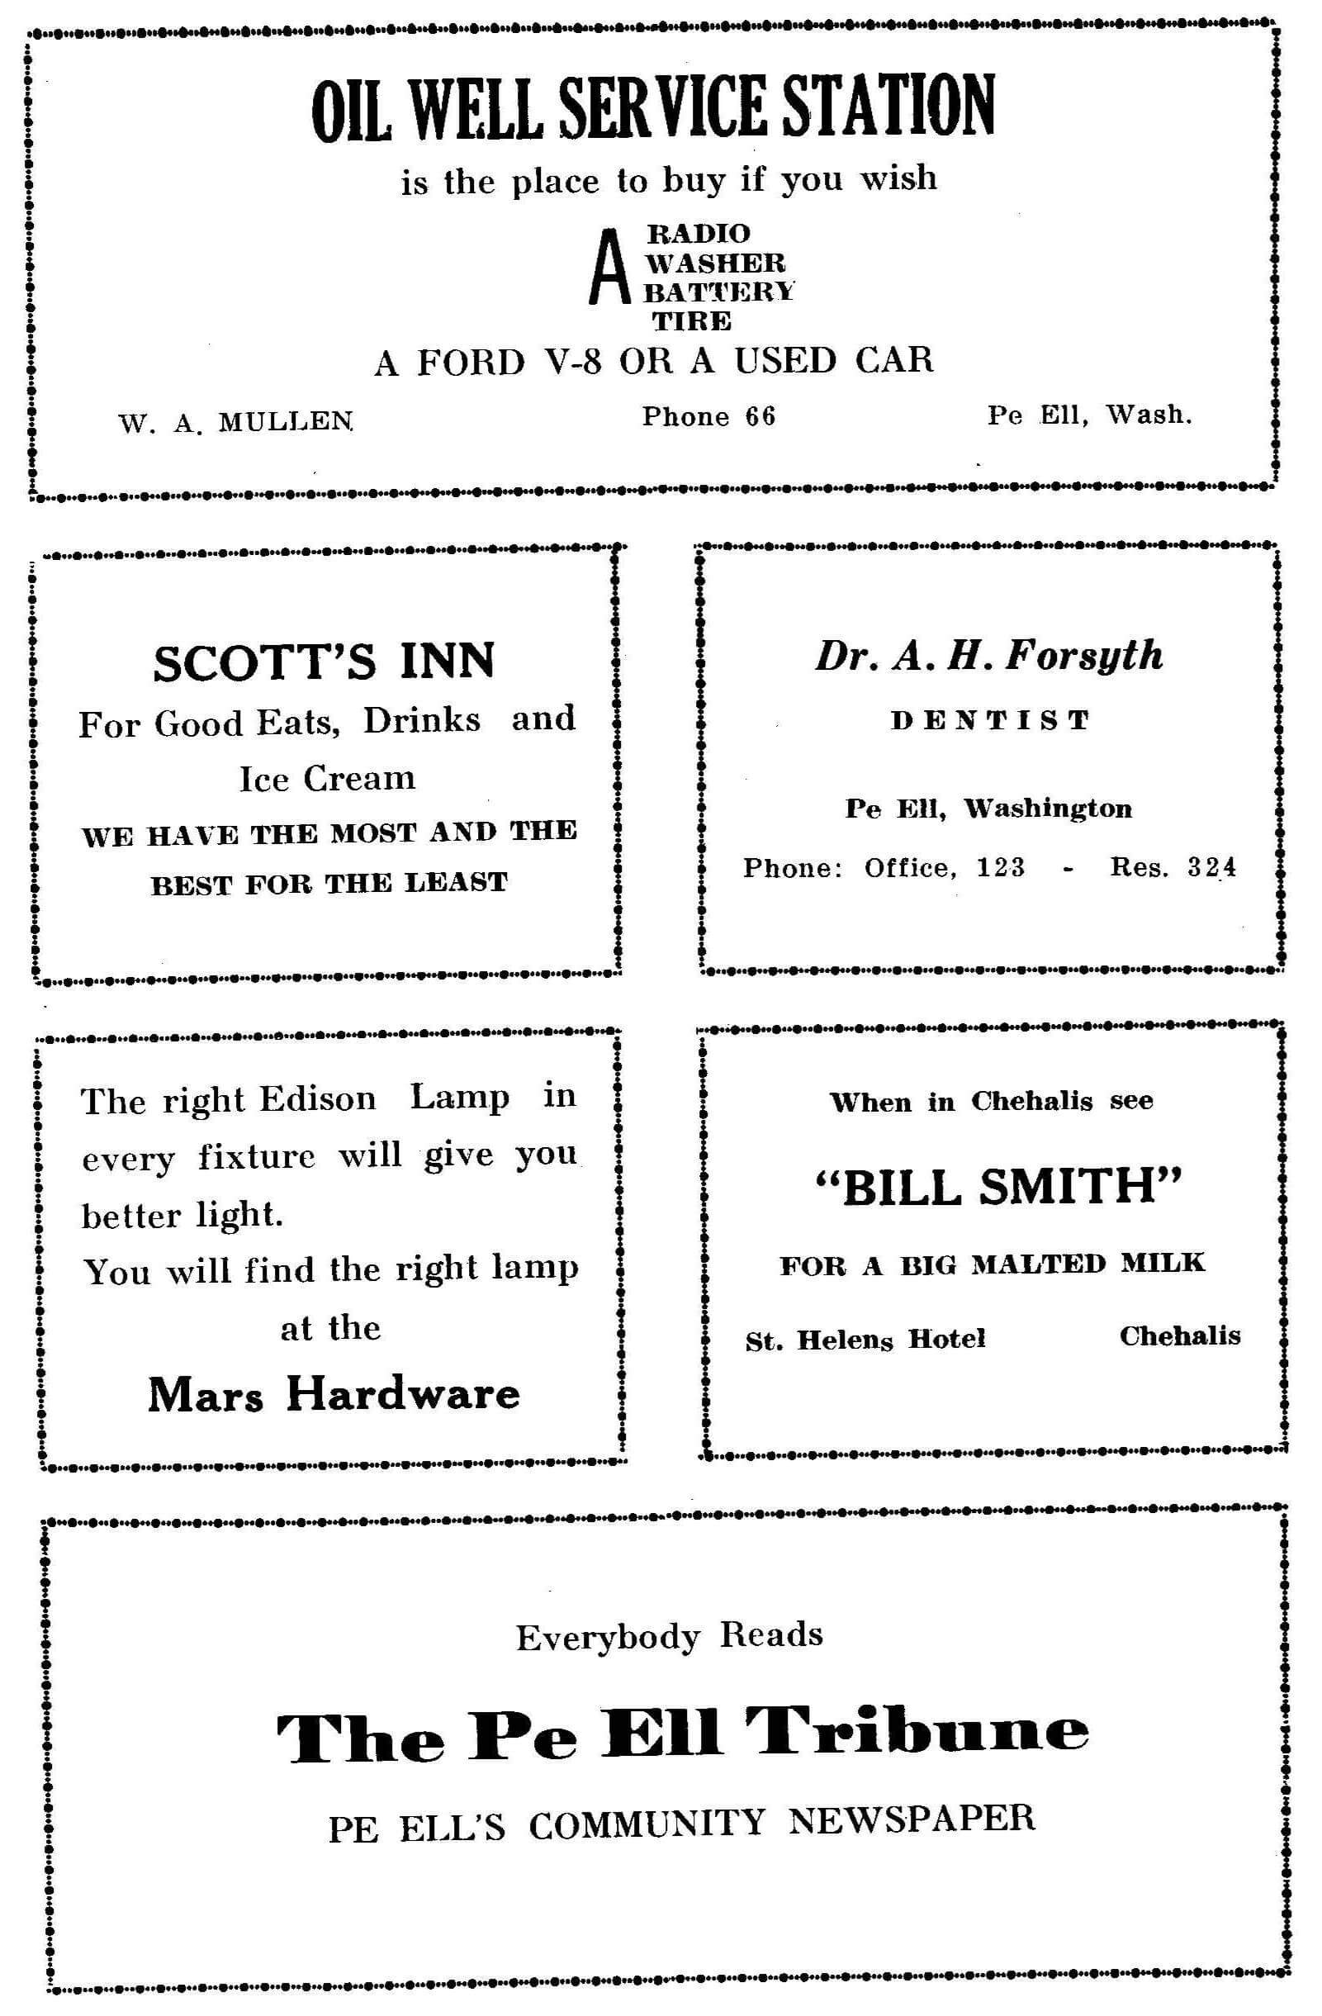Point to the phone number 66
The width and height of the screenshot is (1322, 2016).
click(x=760, y=416)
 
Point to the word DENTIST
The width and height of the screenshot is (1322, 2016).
click(x=990, y=721)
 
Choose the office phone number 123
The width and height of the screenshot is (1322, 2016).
click(x=1000, y=867)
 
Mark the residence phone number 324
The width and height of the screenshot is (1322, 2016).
click(x=1211, y=867)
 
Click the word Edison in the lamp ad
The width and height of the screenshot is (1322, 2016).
click(x=318, y=1099)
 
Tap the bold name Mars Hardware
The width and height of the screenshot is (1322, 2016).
click(x=334, y=1395)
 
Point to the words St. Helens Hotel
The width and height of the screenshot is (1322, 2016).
click(x=865, y=1340)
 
